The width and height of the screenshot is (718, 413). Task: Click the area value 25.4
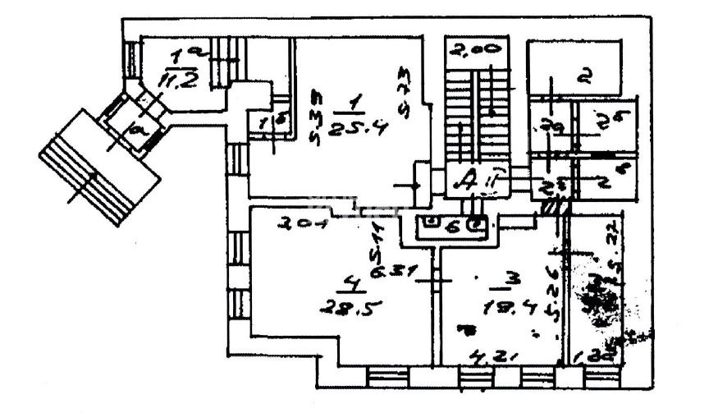coord(351,128)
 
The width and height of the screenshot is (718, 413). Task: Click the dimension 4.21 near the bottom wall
coord(487,357)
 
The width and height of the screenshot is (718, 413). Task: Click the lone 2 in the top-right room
coord(583,79)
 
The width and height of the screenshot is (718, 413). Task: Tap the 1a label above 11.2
coord(177,57)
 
